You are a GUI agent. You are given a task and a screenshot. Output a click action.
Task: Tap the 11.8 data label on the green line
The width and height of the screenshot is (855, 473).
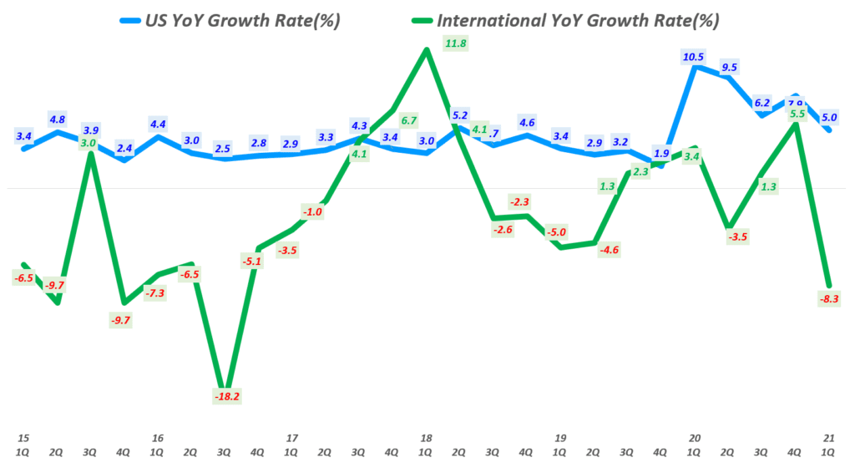pyautogui.click(x=456, y=43)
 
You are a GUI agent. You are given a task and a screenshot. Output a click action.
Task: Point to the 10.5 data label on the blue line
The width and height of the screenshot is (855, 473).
pyautogui.click(x=694, y=57)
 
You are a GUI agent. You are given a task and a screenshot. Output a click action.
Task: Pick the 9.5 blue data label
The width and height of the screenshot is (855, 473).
pyautogui.click(x=729, y=68)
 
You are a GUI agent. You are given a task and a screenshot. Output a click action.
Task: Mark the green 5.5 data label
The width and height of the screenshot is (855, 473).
pyautogui.click(x=797, y=114)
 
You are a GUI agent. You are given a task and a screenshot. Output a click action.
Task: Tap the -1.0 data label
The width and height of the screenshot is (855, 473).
pyautogui.click(x=313, y=212)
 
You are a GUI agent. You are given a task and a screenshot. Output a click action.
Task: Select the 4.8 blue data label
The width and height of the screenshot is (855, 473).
pyautogui.click(x=57, y=119)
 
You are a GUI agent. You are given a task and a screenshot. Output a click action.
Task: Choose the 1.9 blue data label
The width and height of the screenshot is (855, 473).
pyautogui.click(x=661, y=153)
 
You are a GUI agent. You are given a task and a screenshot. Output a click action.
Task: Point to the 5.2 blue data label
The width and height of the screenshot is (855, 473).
pyautogui.click(x=459, y=115)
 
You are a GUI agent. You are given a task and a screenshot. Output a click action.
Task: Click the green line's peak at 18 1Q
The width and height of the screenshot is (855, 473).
pyautogui.click(x=427, y=49)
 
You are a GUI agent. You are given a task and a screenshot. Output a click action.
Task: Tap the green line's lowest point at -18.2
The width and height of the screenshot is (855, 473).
pyautogui.click(x=225, y=388)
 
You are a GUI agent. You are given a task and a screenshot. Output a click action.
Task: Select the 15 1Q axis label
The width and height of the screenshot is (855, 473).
pyautogui.click(x=23, y=444)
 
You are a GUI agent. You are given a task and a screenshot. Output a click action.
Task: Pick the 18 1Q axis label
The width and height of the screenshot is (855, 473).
pyautogui.click(x=426, y=444)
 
